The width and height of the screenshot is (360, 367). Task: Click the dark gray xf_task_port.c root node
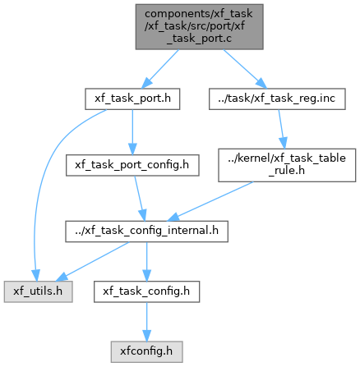(x=200, y=27)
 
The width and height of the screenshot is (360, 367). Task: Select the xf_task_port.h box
(x=132, y=99)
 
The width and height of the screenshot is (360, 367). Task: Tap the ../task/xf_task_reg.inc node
(x=277, y=99)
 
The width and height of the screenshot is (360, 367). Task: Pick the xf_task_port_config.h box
(x=132, y=165)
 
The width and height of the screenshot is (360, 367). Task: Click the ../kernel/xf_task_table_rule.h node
(x=287, y=165)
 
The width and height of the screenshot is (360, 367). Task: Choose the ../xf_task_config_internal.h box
(x=146, y=232)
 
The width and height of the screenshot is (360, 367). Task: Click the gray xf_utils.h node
(x=38, y=291)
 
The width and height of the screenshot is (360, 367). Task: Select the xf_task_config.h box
(x=146, y=291)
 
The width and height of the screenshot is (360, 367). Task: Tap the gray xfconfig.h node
(x=146, y=352)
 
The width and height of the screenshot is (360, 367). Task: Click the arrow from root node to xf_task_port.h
(x=160, y=69)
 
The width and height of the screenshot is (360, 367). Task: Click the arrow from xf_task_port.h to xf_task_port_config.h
(x=132, y=132)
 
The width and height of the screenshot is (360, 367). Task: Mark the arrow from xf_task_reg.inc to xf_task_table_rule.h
(x=282, y=129)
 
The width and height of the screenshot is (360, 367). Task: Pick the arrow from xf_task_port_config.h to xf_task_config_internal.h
(x=140, y=199)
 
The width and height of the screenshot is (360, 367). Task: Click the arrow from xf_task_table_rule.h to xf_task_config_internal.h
(x=210, y=201)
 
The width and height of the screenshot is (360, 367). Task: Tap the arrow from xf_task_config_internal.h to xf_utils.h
(x=92, y=262)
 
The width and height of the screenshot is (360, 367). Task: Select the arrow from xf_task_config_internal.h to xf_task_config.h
(x=146, y=262)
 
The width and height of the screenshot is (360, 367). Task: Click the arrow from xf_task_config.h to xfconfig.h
(x=146, y=322)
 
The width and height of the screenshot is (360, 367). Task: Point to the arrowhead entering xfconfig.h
(x=146, y=336)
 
